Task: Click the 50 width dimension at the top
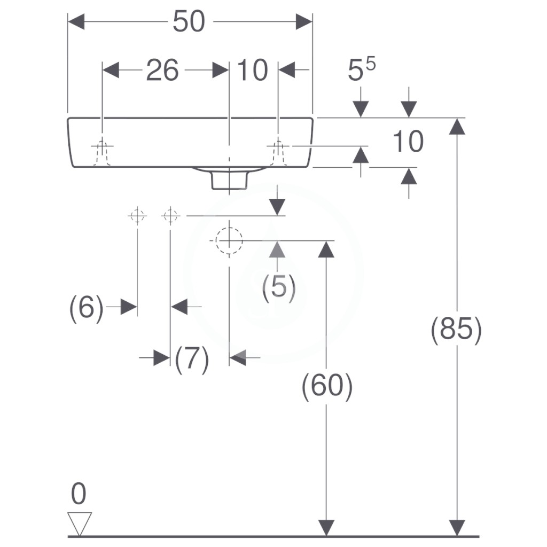(x=189, y=21)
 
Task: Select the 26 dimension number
(x=162, y=70)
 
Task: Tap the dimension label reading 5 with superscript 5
(x=362, y=69)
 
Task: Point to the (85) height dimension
(x=456, y=329)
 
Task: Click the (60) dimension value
(x=327, y=386)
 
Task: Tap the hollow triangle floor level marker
(x=80, y=523)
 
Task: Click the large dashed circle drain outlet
(x=229, y=241)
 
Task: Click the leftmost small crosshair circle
(x=137, y=216)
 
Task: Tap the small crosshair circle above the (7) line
(x=170, y=216)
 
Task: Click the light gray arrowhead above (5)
(x=277, y=249)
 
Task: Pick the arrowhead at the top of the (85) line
(x=457, y=126)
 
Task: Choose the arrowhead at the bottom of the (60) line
(x=326, y=528)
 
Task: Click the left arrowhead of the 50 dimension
(x=76, y=21)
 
